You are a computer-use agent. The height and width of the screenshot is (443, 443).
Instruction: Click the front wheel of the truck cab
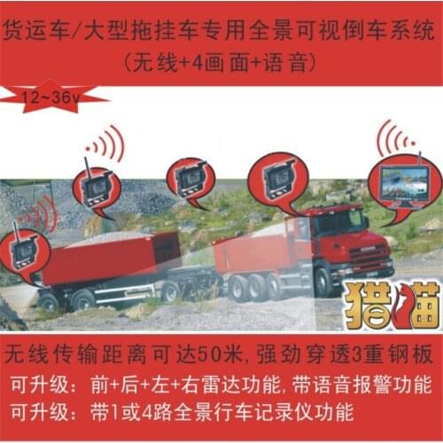[x=324, y=281]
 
